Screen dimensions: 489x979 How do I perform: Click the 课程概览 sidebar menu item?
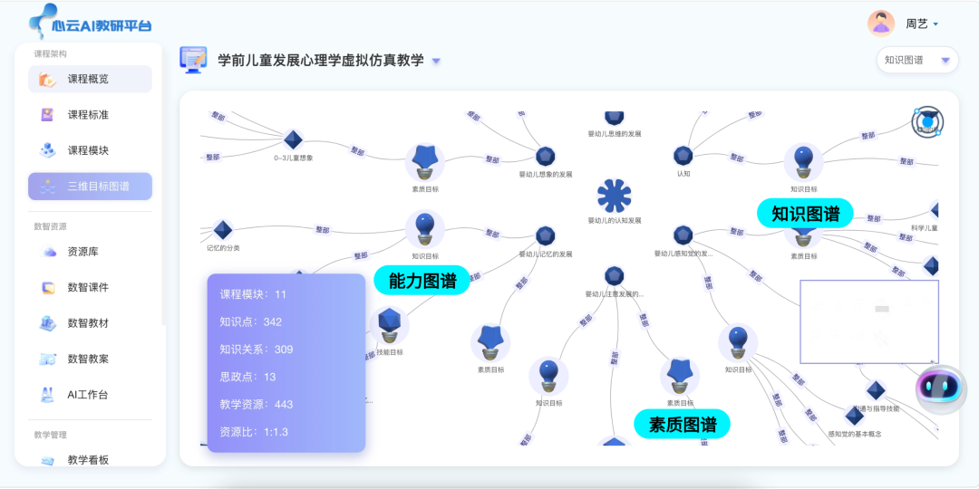[x=88, y=79]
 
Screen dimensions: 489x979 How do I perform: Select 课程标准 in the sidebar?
[x=88, y=115]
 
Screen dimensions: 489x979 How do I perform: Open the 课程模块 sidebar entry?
[x=88, y=150]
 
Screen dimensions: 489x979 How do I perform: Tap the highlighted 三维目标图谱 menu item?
[x=90, y=187]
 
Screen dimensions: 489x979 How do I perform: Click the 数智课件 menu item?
[x=88, y=287]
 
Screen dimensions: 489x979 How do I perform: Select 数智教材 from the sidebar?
[x=88, y=323]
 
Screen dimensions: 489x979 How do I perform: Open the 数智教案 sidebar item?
[x=88, y=359]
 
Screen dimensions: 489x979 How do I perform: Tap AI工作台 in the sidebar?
[x=88, y=395]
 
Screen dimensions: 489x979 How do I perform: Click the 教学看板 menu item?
[x=88, y=460]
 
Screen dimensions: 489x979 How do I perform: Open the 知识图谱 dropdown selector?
[x=916, y=60]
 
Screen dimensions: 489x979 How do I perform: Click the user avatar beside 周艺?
[x=880, y=24]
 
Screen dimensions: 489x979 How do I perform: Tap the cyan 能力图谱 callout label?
[x=422, y=281]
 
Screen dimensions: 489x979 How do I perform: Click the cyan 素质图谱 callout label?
[x=682, y=424]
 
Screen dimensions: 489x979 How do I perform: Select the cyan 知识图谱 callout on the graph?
[x=805, y=214]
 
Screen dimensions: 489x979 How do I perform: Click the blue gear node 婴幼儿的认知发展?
[x=615, y=196]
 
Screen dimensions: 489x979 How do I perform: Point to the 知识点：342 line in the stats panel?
[x=251, y=321]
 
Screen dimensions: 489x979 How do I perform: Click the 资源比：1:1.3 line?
[x=254, y=432]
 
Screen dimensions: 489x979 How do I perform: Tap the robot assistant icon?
[x=940, y=388]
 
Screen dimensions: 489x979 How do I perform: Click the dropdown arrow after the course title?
[x=436, y=62]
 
